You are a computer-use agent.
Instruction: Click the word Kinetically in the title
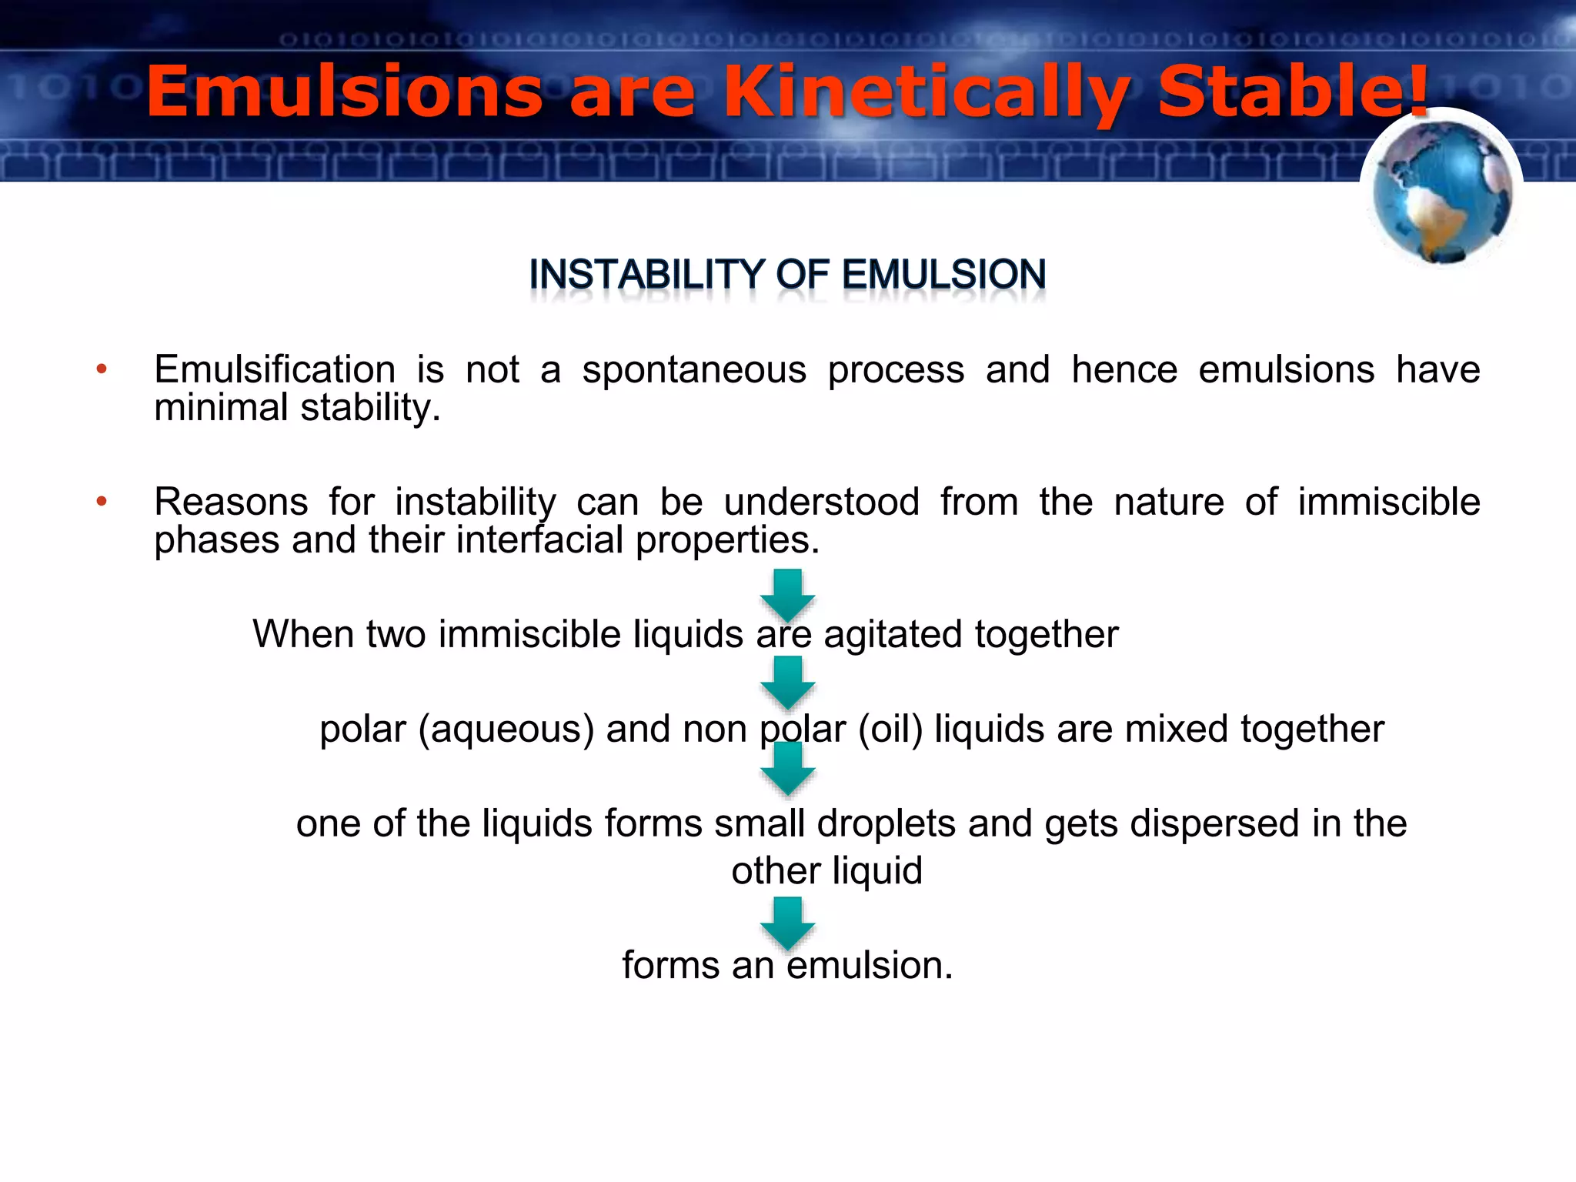(927, 94)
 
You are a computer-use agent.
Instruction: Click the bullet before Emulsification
(102, 370)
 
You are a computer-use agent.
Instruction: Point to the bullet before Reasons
(102, 503)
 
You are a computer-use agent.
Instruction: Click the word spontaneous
(694, 370)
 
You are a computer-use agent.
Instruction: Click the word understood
(821, 503)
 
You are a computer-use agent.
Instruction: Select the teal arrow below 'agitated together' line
(787, 682)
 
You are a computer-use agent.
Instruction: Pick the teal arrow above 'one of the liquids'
(787, 768)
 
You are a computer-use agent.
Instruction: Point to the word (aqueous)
(506, 730)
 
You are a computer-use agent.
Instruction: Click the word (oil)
(890, 730)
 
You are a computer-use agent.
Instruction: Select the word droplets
(886, 823)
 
